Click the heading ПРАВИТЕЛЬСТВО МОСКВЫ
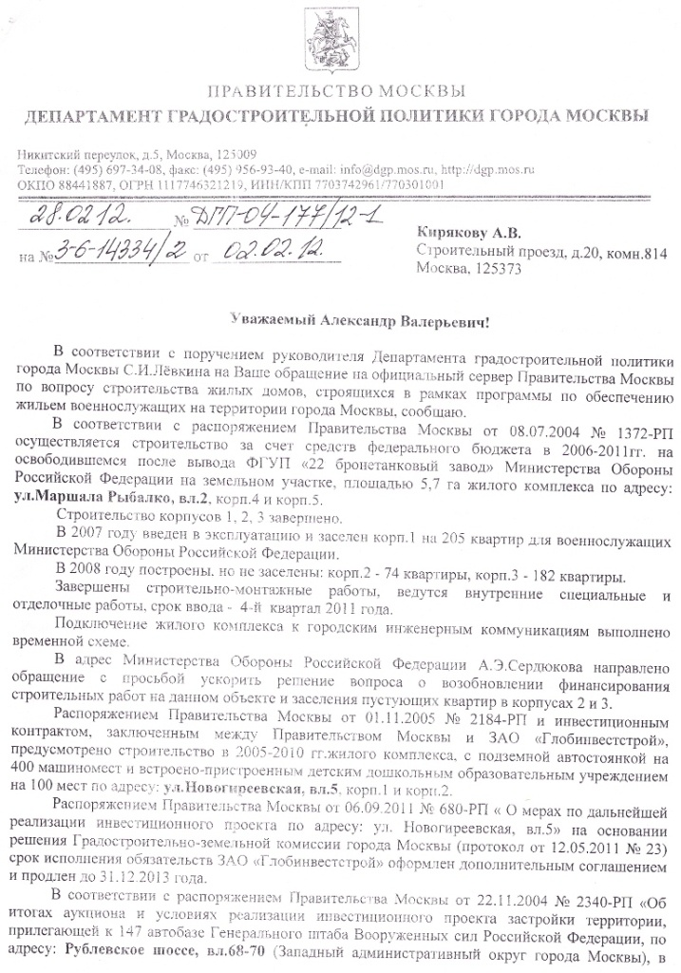pyautogui.click(x=336, y=92)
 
